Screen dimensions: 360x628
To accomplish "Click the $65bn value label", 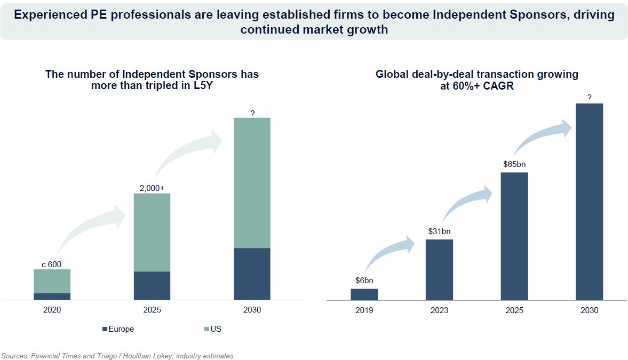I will pos(514,164).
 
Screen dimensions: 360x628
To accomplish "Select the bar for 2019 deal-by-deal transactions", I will pos(364,294).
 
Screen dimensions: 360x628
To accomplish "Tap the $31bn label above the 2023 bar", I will pos(439,231).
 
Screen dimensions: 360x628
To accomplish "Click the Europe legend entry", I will pos(118,329).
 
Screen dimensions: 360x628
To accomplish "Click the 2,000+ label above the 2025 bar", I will pos(152,188).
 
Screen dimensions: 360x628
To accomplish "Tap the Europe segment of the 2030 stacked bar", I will pos(252,274).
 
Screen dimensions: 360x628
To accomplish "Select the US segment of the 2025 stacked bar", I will pos(152,232).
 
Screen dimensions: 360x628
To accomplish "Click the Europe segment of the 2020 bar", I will pos(52,297).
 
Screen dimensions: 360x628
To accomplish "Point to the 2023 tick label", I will pos(439,310).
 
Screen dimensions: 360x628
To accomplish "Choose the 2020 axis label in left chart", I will pos(52,310).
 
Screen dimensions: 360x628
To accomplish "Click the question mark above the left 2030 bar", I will pos(252,113).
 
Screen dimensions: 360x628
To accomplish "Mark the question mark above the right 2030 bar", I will pos(589,98).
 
